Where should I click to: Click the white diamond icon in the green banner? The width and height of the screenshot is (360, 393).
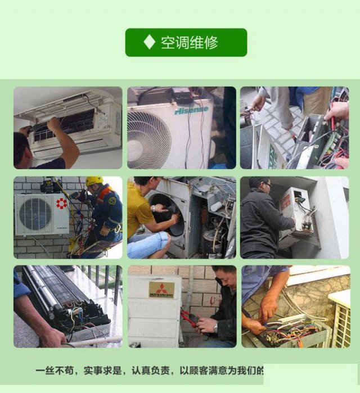pyautogui.click(x=148, y=42)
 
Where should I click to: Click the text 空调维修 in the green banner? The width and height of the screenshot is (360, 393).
pyautogui.click(x=190, y=42)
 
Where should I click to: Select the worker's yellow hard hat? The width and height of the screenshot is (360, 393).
pyautogui.click(x=94, y=181)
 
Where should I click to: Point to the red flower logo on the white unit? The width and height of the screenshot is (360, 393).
pyautogui.click(x=61, y=202)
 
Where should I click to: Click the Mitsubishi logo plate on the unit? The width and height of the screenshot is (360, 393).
pyautogui.click(x=161, y=290)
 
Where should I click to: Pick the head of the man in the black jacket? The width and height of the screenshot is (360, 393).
pyautogui.click(x=260, y=188)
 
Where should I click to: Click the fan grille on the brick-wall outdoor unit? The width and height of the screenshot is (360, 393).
pyautogui.click(x=35, y=214)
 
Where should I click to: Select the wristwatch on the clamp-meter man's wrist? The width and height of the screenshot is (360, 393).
pyautogui.click(x=215, y=327)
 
